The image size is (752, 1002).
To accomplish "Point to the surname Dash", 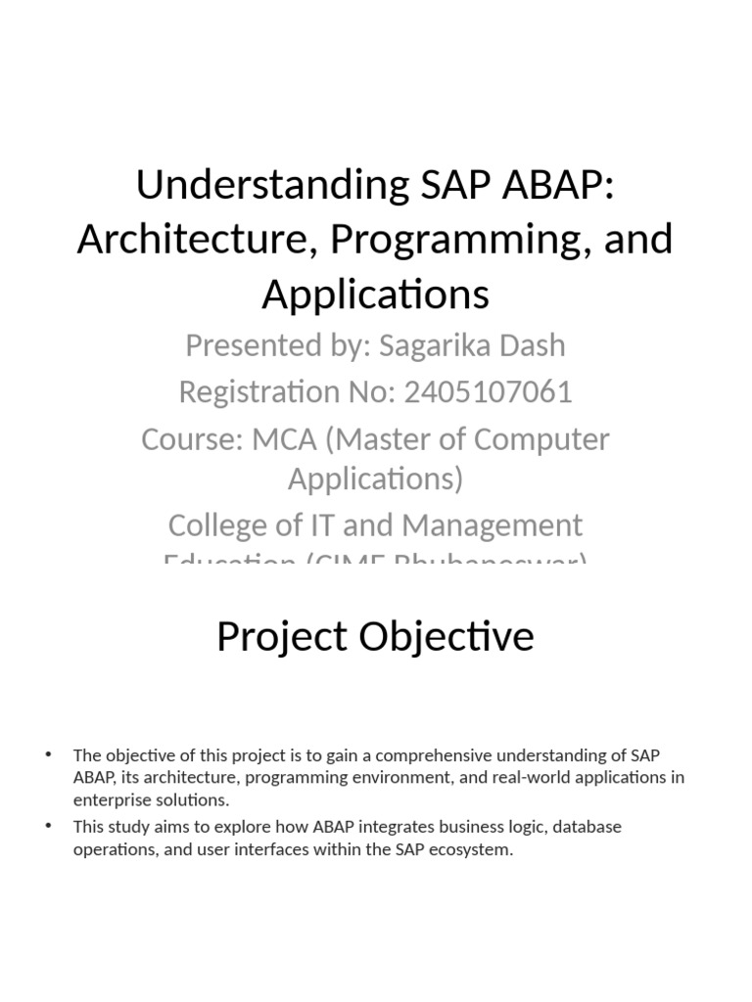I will pos(533,345).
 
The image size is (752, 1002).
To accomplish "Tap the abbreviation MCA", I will pos(284,439).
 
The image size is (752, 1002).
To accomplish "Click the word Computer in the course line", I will pos(541,439).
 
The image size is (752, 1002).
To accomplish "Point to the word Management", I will pos(493,525).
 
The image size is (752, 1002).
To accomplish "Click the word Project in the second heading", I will pos(283,637).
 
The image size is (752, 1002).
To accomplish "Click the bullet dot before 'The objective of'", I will pos(47,754).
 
